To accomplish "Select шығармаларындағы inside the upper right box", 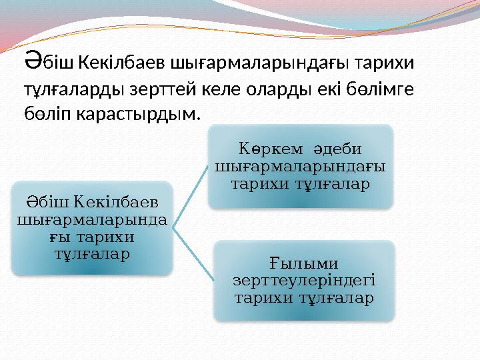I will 300,165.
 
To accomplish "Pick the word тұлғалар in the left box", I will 91,254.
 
